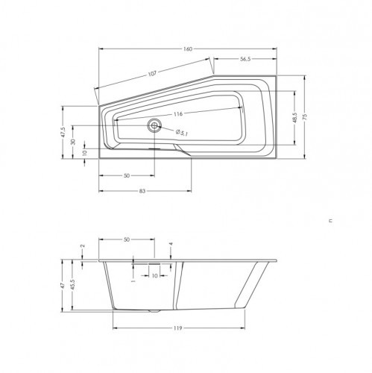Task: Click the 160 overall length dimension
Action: (188, 49)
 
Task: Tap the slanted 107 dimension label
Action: (153, 73)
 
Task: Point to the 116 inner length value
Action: (178, 115)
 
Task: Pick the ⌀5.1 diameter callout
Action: (181, 131)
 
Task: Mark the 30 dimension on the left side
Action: (73, 142)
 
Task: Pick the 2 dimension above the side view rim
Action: (83, 245)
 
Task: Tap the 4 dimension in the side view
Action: (171, 245)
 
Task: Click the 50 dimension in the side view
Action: (127, 241)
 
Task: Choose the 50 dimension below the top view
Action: (127, 176)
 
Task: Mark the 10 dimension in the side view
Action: (154, 275)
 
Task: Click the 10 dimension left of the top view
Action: (84, 153)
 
